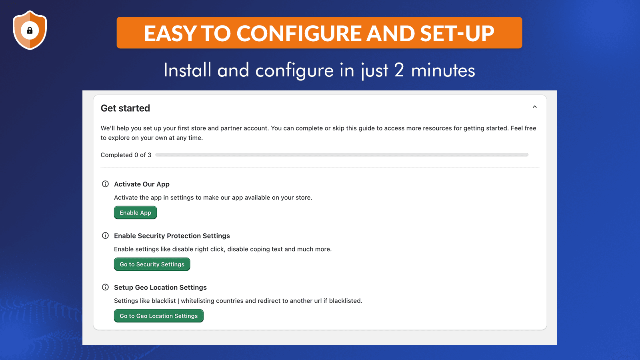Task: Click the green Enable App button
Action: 136,212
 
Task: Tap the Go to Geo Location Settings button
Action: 158,316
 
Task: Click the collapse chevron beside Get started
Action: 534,107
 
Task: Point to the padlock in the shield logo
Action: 30,30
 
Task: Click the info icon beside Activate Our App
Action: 106,184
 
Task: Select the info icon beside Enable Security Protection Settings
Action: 106,236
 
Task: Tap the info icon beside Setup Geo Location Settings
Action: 106,287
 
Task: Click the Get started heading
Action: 125,108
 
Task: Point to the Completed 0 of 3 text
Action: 126,155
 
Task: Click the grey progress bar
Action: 342,154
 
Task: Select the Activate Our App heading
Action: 142,184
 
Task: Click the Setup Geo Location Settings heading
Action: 160,288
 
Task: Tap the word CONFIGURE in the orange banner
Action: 298,34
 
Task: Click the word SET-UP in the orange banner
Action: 457,34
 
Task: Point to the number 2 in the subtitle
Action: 399,70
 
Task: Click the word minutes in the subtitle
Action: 443,70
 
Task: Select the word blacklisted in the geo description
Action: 346,300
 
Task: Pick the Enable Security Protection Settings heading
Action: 172,236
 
